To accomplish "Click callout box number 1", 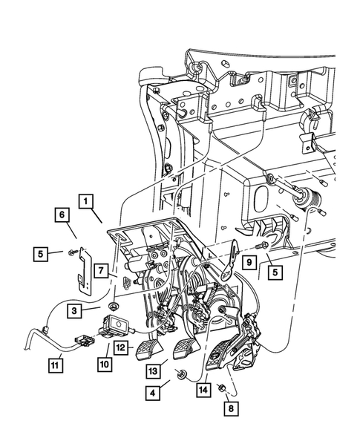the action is click(x=86, y=201).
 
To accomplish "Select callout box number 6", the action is click(x=62, y=215).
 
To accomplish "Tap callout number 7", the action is click(x=101, y=270).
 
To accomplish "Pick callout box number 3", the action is click(x=74, y=310).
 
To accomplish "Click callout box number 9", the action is click(x=249, y=262).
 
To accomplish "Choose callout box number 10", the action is click(x=105, y=364).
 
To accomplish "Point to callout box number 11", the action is click(x=56, y=365).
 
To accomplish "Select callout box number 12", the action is click(x=121, y=347).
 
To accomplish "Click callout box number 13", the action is click(x=153, y=371).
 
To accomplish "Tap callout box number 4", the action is click(x=152, y=393).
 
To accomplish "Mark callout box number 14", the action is click(x=203, y=390).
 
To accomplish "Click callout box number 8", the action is click(x=231, y=408).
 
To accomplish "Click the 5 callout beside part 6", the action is click(x=41, y=254).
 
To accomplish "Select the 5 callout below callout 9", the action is click(x=275, y=272).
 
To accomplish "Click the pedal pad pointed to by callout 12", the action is click(x=148, y=350).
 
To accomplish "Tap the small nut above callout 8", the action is click(x=221, y=388).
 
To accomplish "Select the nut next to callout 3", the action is click(x=114, y=306).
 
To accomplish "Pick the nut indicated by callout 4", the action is click(x=181, y=373).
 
